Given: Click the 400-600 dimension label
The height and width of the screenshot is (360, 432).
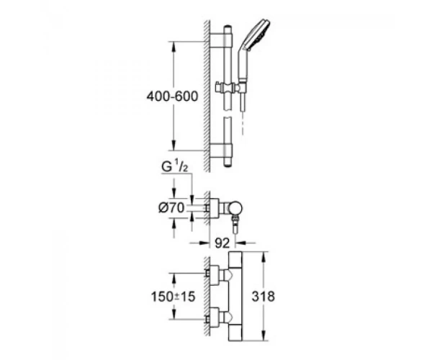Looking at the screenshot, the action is tap(172, 96).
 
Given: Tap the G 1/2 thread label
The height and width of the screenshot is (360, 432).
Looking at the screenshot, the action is tap(175, 167).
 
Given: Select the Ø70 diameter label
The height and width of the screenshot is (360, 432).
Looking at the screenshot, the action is tap(171, 208).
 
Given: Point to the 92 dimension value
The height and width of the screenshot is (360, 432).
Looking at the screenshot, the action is tap(222, 243).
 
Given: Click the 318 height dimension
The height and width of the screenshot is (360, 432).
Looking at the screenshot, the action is tap(264, 297).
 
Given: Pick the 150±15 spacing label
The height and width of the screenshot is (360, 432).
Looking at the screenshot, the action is tap(173, 297).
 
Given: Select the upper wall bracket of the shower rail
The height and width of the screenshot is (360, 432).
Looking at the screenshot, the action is tap(221, 37).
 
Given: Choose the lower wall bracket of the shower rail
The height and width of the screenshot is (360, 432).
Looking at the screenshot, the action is tap(221, 149).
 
